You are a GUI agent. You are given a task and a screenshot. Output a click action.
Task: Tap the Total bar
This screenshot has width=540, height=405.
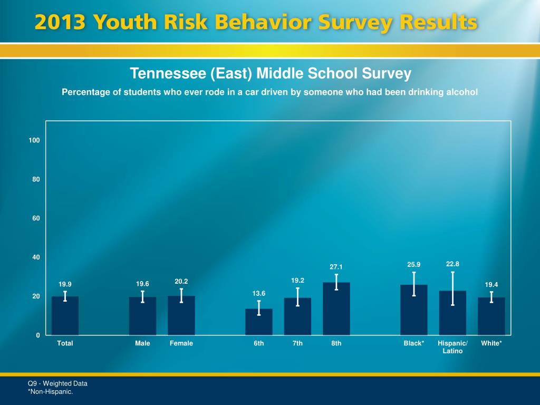pos(65,316)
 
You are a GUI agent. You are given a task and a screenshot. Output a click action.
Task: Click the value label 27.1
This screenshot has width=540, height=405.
pos(336,267)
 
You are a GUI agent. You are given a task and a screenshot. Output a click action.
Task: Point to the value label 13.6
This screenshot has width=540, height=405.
pos(259,293)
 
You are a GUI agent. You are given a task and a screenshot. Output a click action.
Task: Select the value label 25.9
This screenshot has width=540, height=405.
pos(414,264)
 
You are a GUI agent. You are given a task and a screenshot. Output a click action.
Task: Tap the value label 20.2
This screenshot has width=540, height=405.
pos(181,282)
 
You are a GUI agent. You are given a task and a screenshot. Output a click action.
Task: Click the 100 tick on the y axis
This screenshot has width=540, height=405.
pos(35,140)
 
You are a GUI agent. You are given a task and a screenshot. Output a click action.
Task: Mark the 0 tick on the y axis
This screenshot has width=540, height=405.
pos(38,335)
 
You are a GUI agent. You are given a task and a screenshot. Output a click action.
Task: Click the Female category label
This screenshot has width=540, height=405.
pos(181,343)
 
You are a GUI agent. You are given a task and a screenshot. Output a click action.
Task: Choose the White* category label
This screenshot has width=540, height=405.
pos(491,343)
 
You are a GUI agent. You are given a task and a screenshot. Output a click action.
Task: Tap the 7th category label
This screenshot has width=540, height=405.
pos(297,343)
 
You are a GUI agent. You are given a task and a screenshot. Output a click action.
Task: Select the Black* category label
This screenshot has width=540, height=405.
pos(414,343)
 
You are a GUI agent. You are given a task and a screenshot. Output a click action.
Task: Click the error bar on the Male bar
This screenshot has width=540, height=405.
pos(142,297)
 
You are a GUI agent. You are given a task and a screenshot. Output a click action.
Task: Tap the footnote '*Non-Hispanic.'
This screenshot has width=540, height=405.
pos(50,391)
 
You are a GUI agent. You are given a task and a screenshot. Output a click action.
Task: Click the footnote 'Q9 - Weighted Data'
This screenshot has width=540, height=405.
pos(57,383)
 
